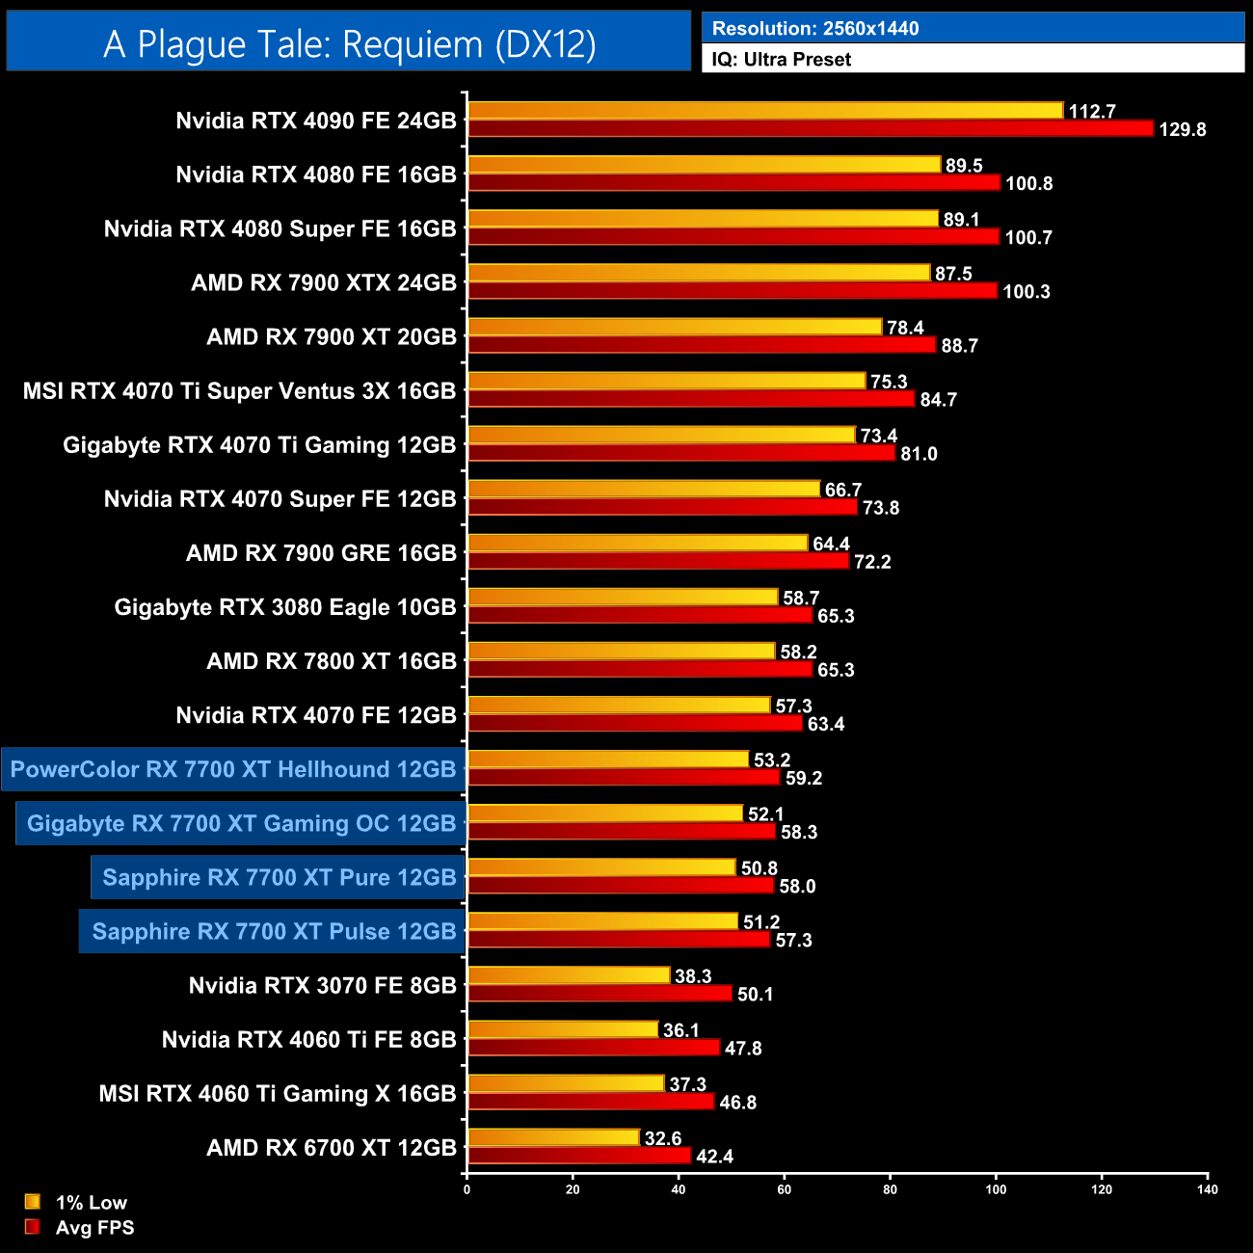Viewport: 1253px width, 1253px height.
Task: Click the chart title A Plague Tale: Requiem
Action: [x=349, y=44]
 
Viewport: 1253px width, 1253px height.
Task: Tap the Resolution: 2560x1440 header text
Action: [x=814, y=28]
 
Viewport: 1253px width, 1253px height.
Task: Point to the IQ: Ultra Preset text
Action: [x=781, y=59]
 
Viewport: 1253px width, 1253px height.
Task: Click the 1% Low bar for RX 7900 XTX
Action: [x=699, y=273]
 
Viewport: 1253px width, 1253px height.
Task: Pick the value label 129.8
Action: [x=1182, y=130]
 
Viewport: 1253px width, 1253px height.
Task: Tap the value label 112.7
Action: [x=1092, y=112]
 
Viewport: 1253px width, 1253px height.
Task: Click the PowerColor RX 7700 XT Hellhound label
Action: [x=233, y=769]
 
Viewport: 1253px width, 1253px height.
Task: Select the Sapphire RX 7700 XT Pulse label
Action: [x=274, y=931]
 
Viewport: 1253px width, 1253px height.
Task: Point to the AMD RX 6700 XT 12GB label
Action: [x=332, y=1147]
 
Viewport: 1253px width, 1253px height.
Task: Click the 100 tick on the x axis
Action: [x=996, y=1189]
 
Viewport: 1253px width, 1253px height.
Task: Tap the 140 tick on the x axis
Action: [x=1207, y=1189]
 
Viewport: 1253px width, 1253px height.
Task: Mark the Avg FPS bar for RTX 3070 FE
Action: [x=600, y=994]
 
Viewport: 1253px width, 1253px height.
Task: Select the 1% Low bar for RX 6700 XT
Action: [x=553, y=1137]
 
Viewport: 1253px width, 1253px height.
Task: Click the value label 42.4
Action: [x=714, y=1157]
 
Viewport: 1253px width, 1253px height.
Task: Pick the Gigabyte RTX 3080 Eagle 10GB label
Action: [x=285, y=607]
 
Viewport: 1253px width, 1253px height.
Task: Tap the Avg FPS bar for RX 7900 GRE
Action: [x=657, y=561]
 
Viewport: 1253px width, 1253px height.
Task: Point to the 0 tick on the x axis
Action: [x=467, y=1189]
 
